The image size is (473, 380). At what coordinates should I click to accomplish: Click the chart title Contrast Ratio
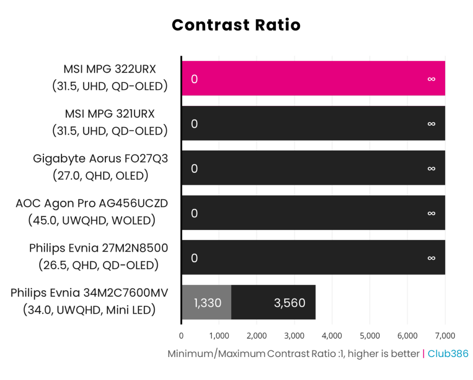click(x=236, y=25)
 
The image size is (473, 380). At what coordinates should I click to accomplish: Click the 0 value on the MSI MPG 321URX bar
click(x=194, y=124)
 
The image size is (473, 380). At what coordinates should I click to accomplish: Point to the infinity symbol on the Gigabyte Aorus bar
click(x=431, y=169)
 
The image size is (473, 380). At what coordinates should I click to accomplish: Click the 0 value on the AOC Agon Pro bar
click(x=194, y=213)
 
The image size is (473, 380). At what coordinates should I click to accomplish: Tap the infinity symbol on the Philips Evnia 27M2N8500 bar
click(x=431, y=258)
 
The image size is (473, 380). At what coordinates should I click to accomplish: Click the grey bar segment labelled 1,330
click(x=206, y=302)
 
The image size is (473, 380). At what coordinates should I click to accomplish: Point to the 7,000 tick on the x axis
click(x=445, y=335)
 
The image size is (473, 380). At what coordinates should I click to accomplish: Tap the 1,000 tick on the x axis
click(x=219, y=335)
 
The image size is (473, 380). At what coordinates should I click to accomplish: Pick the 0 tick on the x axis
click(x=181, y=335)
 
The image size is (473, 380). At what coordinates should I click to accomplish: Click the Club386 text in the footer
click(x=448, y=354)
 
